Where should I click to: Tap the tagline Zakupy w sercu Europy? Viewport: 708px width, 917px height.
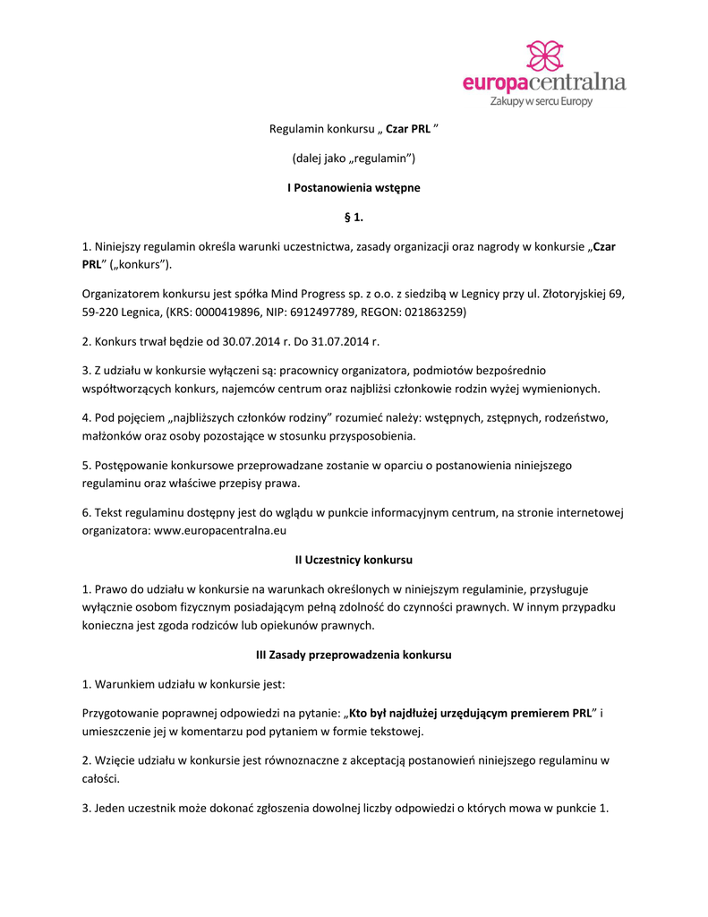[x=541, y=102]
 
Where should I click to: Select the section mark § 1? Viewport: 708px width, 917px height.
[x=354, y=217]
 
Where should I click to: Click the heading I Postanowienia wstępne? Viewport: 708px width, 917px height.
[x=354, y=188]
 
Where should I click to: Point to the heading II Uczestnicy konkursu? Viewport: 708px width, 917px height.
[x=354, y=560]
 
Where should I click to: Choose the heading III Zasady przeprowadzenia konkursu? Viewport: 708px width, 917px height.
[x=354, y=655]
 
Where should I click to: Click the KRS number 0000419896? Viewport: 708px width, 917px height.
[x=235, y=312]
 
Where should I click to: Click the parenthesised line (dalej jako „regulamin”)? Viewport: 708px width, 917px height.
[x=354, y=159]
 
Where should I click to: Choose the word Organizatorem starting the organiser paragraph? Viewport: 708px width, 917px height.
[x=121, y=293]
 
